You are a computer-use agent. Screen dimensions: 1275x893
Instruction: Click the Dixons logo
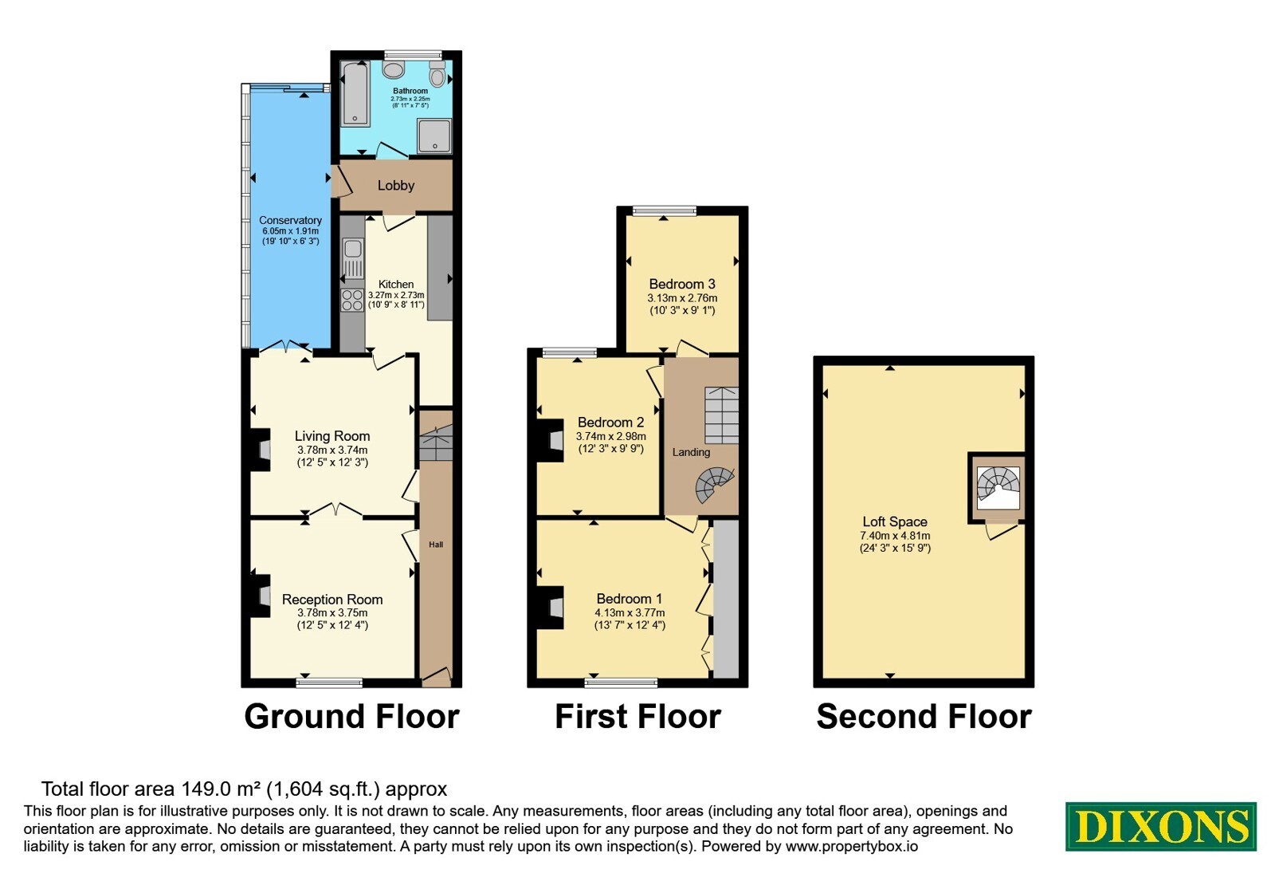coord(1160,826)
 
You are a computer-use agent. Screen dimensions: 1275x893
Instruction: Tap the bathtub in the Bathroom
coord(355,93)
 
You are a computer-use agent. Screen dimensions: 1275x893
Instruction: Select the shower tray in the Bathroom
coord(434,136)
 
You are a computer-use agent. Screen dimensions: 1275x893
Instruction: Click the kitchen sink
coord(353,258)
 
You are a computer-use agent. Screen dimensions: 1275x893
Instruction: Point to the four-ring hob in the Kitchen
coord(352,300)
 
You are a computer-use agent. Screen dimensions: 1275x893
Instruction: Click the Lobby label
coord(395,186)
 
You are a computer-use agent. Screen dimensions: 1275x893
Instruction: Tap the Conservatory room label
coord(290,220)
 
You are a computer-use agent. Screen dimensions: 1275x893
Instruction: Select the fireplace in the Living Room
coord(261,450)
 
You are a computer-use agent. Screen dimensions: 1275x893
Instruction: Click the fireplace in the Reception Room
coord(261,596)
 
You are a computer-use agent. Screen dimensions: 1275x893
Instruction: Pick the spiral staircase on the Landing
coord(715,486)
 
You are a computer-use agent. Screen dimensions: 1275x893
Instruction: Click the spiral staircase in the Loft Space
coord(998,487)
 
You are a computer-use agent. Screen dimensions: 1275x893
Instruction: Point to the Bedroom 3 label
coord(682,284)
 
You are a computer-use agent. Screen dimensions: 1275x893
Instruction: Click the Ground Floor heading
coord(351,717)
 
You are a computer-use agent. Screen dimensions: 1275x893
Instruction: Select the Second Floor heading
coord(924,717)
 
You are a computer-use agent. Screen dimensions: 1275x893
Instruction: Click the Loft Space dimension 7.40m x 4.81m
coord(895,536)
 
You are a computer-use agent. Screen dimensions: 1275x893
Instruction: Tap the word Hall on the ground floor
coord(436,545)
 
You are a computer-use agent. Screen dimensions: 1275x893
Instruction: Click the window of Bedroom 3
coord(665,211)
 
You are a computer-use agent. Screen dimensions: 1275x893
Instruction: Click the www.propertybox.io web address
coord(852,846)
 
